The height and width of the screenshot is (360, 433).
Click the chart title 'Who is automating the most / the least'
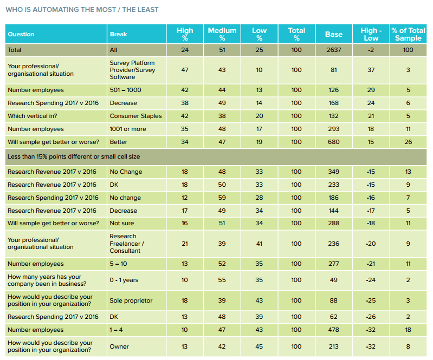click(x=82, y=10)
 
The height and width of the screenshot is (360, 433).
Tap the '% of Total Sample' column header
click(x=408, y=34)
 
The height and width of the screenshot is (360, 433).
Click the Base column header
click(x=333, y=34)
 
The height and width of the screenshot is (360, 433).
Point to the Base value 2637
click(x=333, y=50)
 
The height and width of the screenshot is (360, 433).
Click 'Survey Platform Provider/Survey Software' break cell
click(x=132, y=70)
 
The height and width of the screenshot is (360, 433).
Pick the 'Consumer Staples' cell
click(x=135, y=116)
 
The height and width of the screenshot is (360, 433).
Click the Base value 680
click(x=333, y=142)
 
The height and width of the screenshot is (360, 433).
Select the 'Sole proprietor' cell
click(x=131, y=300)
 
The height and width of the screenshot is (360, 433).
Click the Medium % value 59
click(x=222, y=198)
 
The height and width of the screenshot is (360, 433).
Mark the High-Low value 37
click(x=370, y=70)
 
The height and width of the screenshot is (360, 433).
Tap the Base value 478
click(x=333, y=330)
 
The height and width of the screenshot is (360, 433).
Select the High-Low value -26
click(x=370, y=317)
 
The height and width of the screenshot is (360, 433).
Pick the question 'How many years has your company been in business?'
click(x=48, y=280)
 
